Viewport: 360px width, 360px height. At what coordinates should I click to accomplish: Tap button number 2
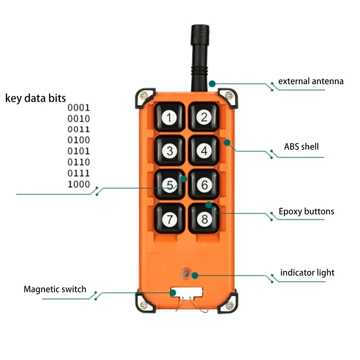[x=204, y=117]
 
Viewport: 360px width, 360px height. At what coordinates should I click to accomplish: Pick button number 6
[x=204, y=184]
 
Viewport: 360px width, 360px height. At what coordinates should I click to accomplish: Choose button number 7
[x=169, y=219]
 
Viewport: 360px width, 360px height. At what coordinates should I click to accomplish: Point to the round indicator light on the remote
[x=185, y=274]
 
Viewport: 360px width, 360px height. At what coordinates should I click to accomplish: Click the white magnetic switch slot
[x=186, y=292]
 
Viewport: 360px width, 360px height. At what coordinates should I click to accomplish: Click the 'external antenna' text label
[x=310, y=81]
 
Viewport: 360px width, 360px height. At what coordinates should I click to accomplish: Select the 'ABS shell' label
[x=301, y=146]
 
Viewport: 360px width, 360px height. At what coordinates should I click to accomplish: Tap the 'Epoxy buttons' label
[x=306, y=211]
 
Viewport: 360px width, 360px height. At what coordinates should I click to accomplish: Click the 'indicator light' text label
[x=307, y=273]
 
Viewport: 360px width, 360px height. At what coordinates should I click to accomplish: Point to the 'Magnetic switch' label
[x=55, y=289]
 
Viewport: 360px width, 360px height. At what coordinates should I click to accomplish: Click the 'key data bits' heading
[x=36, y=98]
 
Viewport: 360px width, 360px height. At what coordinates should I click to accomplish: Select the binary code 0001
[x=79, y=108]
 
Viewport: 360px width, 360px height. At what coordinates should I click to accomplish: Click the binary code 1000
[x=79, y=184]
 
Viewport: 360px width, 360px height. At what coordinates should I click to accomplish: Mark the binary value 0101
[x=79, y=151]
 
